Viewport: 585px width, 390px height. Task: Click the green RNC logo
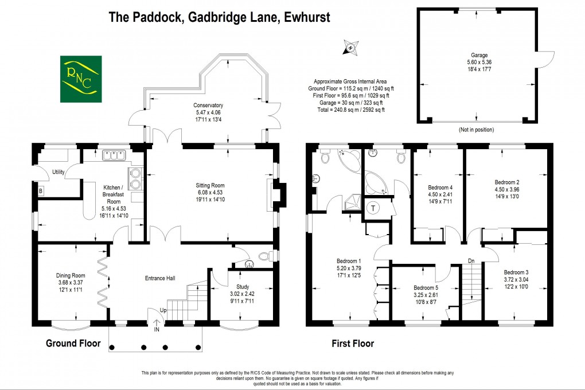click(81, 79)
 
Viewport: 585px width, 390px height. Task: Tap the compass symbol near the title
click(349, 48)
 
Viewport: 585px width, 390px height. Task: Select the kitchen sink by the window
click(114, 155)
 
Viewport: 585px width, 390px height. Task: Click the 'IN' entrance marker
click(156, 329)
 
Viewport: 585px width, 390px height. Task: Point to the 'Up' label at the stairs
click(163, 310)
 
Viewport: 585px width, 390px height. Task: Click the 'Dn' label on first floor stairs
click(472, 260)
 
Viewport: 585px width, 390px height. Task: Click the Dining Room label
click(71, 275)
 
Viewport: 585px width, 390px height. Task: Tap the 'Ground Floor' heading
click(73, 344)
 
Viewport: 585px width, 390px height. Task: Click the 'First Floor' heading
click(353, 344)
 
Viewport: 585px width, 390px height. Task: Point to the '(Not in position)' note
click(478, 130)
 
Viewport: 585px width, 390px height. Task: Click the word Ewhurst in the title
click(305, 17)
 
